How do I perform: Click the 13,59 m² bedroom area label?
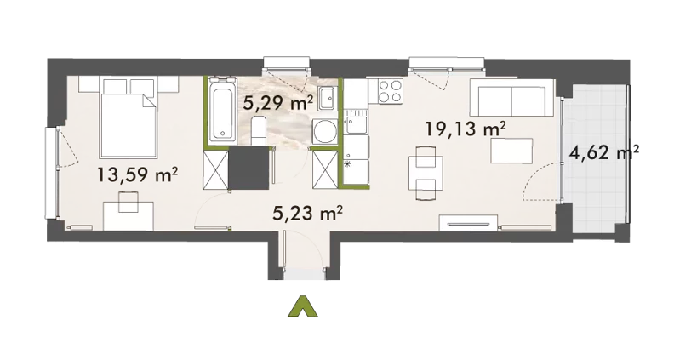137,175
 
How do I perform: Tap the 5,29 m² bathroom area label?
278,103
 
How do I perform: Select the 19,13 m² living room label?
465,129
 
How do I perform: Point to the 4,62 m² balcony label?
604,152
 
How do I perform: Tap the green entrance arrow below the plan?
303,306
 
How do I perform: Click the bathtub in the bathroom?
222,111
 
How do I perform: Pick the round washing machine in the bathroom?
324,131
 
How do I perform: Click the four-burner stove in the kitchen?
391,91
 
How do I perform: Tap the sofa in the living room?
512,98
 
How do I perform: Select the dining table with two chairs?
426,173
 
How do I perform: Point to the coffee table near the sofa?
512,151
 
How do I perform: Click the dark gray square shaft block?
248,169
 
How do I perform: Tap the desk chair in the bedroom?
129,202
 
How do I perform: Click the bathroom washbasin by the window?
328,99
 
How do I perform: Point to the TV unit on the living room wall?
468,223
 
